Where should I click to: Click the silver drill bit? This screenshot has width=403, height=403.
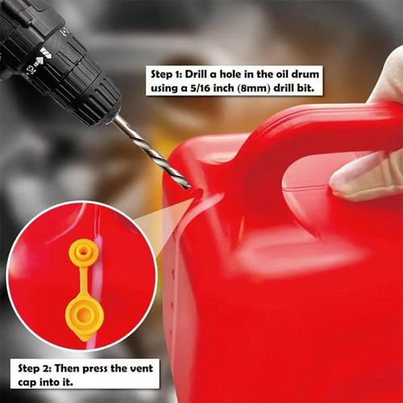tap(152, 152)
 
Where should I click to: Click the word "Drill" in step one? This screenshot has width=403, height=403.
tap(196, 74)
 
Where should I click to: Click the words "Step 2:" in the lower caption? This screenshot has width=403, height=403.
tap(35, 368)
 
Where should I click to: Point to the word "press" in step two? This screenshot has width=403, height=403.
tap(95, 369)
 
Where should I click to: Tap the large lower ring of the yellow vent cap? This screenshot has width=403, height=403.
tap(85, 316)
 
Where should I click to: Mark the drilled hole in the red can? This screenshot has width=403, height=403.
tap(196, 192)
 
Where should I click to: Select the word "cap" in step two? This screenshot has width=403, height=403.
tap(27, 383)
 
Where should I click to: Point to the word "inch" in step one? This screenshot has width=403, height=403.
tap(223, 89)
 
